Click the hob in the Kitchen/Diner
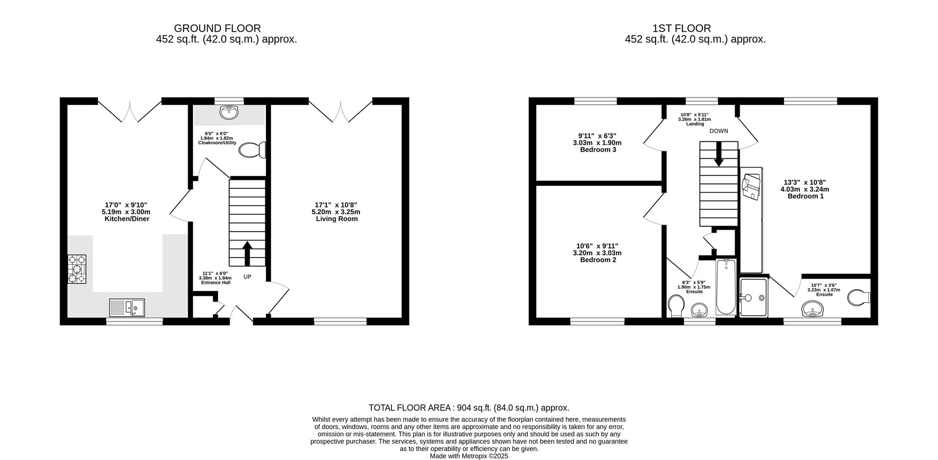tap(77, 269)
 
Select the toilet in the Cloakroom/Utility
tap(253, 150)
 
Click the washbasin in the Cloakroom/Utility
tap(229, 113)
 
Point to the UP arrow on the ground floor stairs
tap(247, 253)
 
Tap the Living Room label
tap(337, 219)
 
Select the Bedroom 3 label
tap(598, 150)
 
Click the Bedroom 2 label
tap(598, 260)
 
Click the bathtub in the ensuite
tap(726, 287)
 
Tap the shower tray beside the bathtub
tap(754, 297)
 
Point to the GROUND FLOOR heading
tap(217, 28)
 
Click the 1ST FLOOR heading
tap(682, 28)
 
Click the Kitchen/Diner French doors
tap(129, 110)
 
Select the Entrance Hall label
tap(215, 283)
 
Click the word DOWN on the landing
tap(719, 131)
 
